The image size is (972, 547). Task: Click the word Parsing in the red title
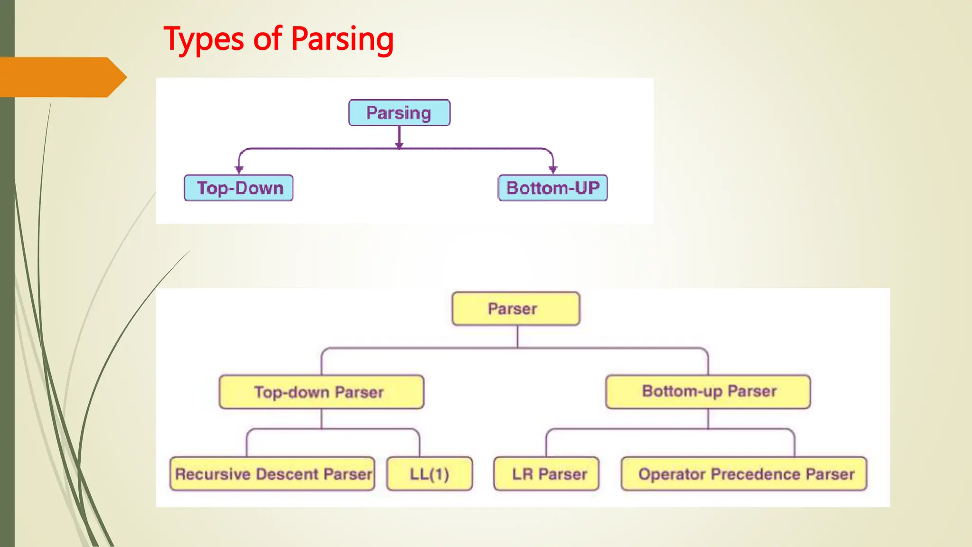click(342, 39)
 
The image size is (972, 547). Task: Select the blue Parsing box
click(399, 113)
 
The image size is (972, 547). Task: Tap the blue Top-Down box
click(239, 188)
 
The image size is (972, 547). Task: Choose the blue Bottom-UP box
click(553, 188)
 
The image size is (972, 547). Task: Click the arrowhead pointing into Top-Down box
click(239, 170)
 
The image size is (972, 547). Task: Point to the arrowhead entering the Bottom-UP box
click(553, 170)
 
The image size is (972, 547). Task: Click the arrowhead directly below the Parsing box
click(399, 145)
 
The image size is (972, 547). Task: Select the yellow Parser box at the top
click(516, 309)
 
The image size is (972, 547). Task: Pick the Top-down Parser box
click(321, 392)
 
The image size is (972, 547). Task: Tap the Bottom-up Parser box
click(708, 392)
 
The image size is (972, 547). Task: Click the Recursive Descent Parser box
click(272, 474)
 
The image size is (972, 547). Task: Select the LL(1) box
click(430, 474)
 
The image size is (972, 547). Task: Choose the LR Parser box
click(546, 474)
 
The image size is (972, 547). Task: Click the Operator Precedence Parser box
click(744, 474)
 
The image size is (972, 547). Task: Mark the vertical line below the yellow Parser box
click(517, 337)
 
